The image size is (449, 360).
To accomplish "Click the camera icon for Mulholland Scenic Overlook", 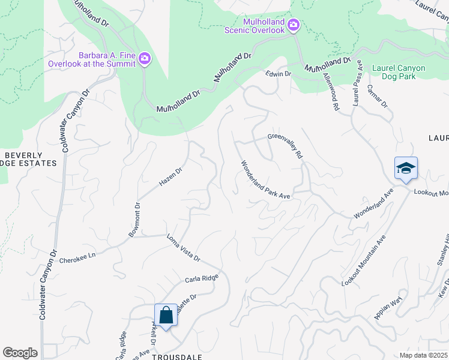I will coord(293,25).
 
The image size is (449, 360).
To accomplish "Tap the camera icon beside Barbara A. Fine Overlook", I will coord(144,59).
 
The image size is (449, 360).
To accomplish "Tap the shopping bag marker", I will coord(166,315).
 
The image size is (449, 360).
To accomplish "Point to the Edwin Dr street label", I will coord(279,74).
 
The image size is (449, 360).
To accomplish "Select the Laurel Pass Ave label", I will coord(358,83).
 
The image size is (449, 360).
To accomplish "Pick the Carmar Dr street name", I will coord(382,96).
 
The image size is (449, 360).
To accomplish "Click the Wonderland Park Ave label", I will coord(265,180).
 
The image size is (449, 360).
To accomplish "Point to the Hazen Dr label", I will coord(170,175).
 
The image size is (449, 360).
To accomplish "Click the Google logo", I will coord(20,353).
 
